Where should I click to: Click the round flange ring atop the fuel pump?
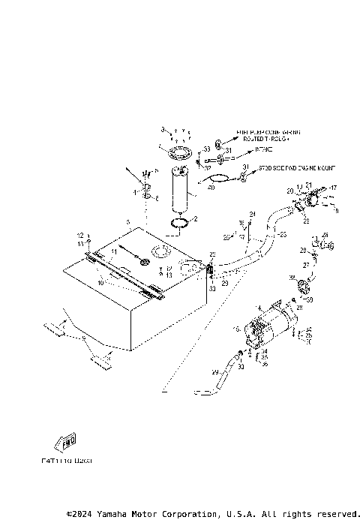point(180,155)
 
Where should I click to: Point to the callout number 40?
point(211,188)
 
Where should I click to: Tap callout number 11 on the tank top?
point(115,251)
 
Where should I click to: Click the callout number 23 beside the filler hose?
point(282,235)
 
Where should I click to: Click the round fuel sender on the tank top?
point(162,251)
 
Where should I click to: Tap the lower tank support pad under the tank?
point(101,365)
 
